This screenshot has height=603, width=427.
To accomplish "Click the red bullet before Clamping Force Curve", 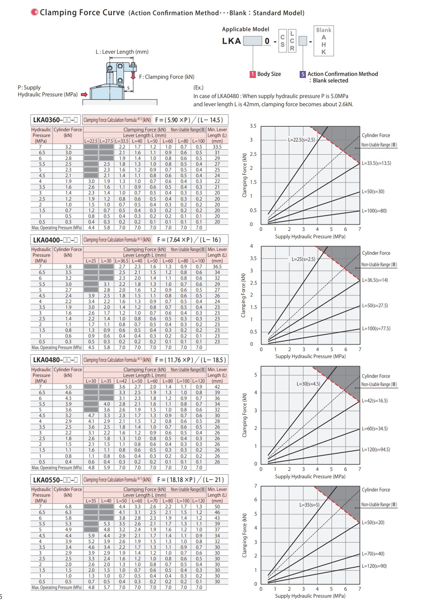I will pyautogui.click(x=35, y=12).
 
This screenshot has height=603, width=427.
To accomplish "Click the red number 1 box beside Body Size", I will pyautogui.click(x=253, y=74).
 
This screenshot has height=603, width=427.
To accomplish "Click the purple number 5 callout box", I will pyautogui.click(x=303, y=74).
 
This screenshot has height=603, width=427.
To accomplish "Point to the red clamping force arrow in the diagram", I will pyautogui.click(x=133, y=76).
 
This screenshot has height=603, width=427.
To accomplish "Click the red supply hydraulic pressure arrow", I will pyautogui.click(x=84, y=95).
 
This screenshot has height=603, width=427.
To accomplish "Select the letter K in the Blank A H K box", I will pyautogui.click(x=324, y=52).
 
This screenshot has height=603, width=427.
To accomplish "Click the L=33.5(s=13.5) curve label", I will pyautogui.click(x=376, y=163).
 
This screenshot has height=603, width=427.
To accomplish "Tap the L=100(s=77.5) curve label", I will pyautogui.click(x=376, y=329).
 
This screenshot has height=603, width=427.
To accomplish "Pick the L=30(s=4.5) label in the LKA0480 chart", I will pyautogui.click(x=308, y=384).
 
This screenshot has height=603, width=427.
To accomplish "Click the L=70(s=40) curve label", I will pyautogui.click(x=373, y=554).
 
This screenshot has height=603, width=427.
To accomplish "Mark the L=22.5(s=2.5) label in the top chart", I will pyautogui.click(x=301, y=140).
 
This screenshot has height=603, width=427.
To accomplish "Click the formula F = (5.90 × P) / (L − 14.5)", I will pyautogui.click(x=189, y=120).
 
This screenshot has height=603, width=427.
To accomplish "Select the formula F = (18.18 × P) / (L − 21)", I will pyautogui.click(x=190, y=480).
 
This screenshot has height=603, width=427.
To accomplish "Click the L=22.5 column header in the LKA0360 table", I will pyautogui.click(x=91, y=141).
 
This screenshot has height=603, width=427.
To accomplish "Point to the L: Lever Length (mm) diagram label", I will pyautogui.click(x=122, y=52).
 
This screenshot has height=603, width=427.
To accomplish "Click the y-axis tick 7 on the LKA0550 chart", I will pyautogui.click(x=255, y=486).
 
